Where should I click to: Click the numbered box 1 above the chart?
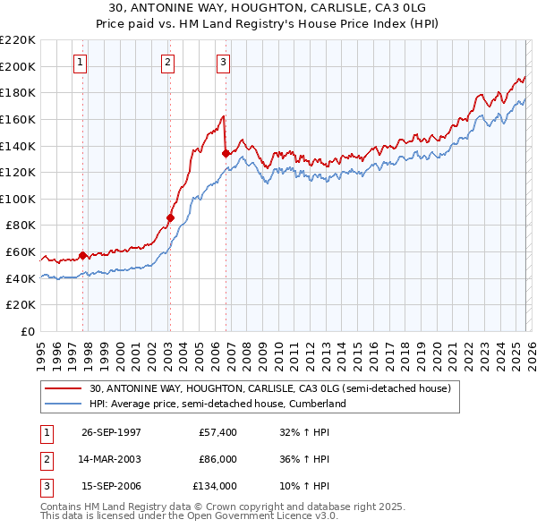81,62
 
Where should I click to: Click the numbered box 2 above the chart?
167,62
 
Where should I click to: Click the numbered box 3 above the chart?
223,62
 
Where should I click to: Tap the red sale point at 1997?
83,255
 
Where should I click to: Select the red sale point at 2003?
170,217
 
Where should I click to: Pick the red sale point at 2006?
226,153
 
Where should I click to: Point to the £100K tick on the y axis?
18,199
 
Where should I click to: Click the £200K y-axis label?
18,66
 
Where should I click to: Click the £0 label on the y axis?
27,331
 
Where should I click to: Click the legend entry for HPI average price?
217,404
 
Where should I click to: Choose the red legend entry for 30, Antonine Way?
275,388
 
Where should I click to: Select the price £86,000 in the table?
217,459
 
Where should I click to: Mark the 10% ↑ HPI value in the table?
304,486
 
